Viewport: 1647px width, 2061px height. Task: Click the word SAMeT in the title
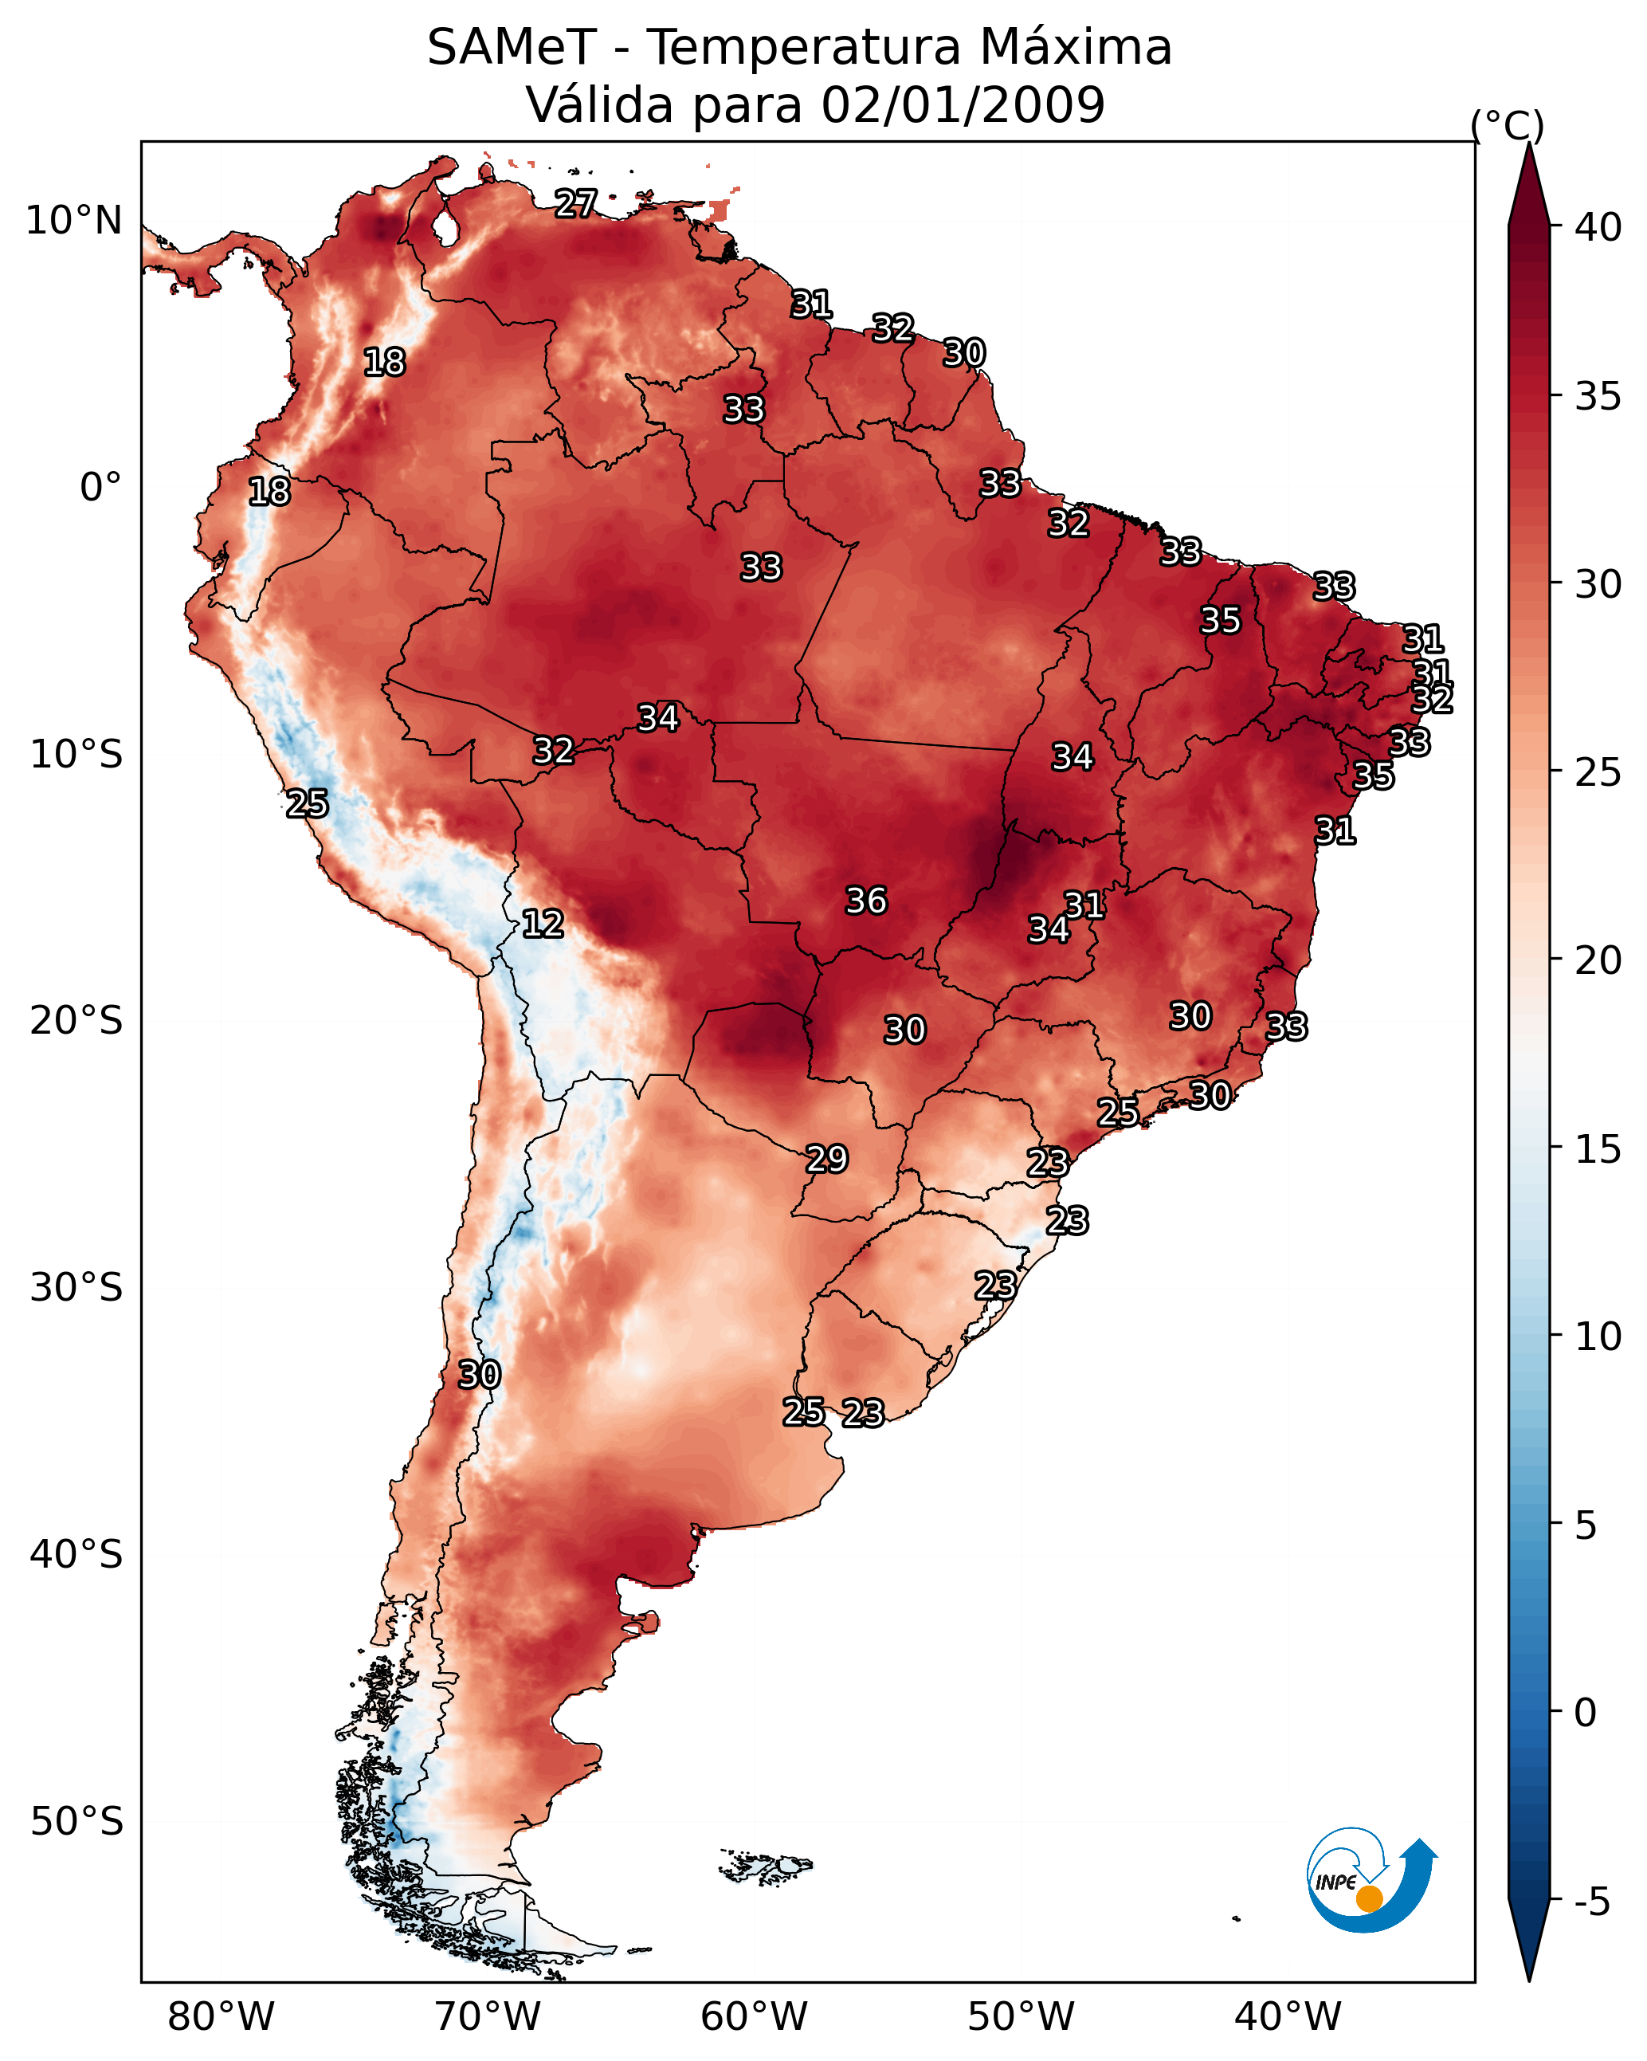tap(512, 48)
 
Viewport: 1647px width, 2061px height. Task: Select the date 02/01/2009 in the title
tap(963, 105)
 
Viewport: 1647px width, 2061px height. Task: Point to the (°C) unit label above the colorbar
tap(1507, 125)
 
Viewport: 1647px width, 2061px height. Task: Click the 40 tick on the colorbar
tap(1598, 227)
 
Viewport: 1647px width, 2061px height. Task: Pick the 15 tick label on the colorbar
tap(1598, 1149)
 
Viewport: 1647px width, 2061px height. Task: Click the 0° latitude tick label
tap(100, 488)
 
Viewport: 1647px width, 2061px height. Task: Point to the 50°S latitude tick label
tap(76, 1822)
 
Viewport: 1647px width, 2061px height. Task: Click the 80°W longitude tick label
tap(221, 2017)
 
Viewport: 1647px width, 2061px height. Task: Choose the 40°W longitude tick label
tap(1288, 2017)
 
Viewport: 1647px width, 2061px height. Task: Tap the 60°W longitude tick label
tap(755, 2017)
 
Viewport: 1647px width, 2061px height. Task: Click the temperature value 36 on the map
tap(866, 901)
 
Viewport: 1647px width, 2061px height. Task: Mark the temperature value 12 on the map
tap(542, 924)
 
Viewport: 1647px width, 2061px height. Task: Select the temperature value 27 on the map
tap(575, 202)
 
